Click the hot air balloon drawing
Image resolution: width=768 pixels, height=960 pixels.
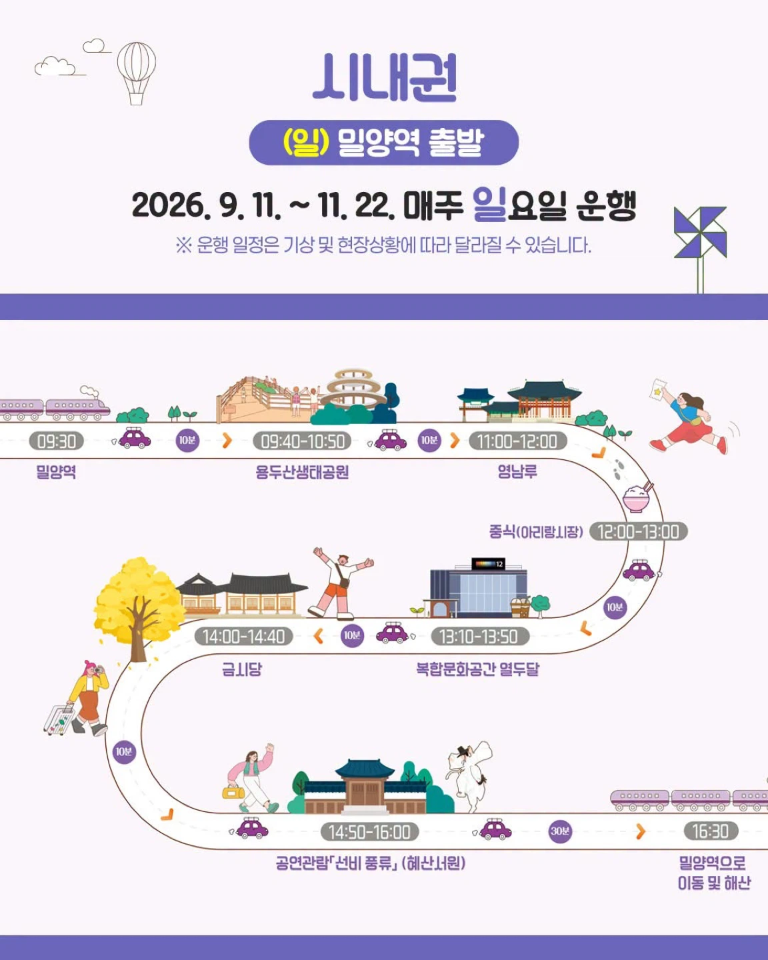pyautogui.click(x=136, y=73)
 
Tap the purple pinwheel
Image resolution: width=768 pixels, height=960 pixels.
pyautogui.click(x=700, y=232)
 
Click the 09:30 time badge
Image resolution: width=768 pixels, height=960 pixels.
pyautogui.click(x=56, y=441)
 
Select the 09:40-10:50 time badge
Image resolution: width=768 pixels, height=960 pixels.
pyautogui.click(x=302, y=441)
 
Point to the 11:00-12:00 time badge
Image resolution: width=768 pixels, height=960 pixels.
pyautogui.click(x=517, y=441)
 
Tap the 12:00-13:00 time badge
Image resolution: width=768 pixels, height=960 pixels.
pyautogui.click(x=638, y=531)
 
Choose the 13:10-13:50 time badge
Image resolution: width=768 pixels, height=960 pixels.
pyautogui.click(x=480, y=636)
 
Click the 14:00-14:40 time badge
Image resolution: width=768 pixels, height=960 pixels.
pyautogui.click(x=243, y=636)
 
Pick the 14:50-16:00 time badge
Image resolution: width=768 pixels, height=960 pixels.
pyautogui.click(x=369, y=831)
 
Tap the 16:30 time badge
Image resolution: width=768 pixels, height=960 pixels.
pyautogui.click(x=711, y=831)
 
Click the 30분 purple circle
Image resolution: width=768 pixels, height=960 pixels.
pyautogui.click(x=560, y=831)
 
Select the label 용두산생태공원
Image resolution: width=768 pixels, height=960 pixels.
pyautogui.click(x=302, y=472)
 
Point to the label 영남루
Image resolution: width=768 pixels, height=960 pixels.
pyautogui.click(x=517, y=471)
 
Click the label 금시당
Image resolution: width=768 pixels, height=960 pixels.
pyautogui.click(x=242, y=669)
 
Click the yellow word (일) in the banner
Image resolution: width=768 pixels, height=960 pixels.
pyautogui.click(x=306, y=142)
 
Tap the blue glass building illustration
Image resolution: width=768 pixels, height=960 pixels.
pyautogui.click(x=479, y=587)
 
